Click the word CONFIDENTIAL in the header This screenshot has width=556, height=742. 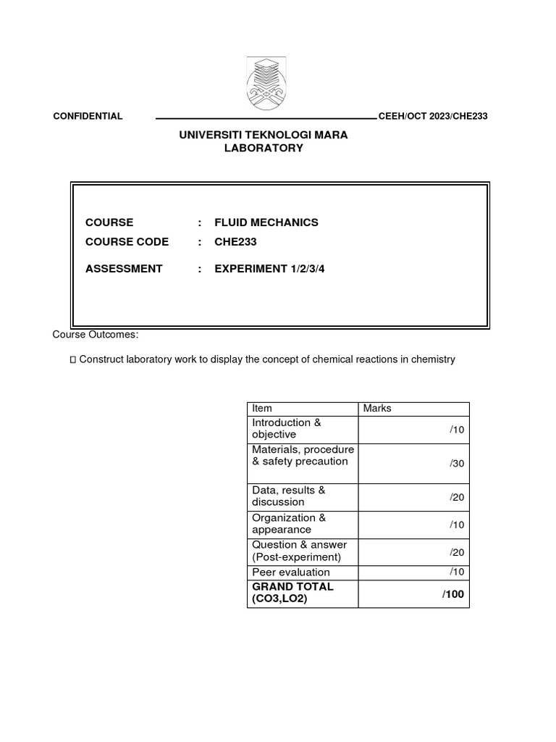[88, 117]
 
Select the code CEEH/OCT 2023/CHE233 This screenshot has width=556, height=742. [432, 117]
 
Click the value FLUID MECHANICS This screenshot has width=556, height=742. [266, 222]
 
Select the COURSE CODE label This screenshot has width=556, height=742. [127, 242]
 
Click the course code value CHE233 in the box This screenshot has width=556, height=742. [235, 242]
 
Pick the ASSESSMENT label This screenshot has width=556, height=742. [124, 269]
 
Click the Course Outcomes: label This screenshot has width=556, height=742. [95, 334]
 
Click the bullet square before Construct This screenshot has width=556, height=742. [72, 360]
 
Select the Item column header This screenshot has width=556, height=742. [262, 409]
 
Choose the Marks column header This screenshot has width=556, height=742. [377, 409]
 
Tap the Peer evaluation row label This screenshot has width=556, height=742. [290, 572]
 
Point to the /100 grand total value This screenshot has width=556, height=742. [452, 594]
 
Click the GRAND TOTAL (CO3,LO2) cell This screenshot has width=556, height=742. [292, 593]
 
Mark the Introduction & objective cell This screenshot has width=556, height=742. [286, 428]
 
